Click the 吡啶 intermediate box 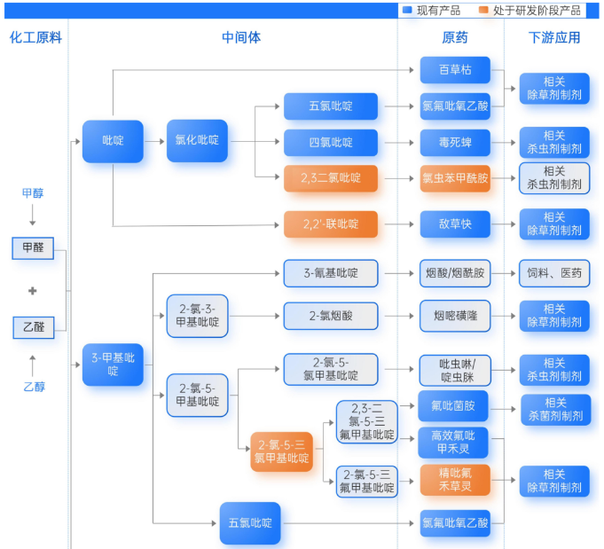tap(113, 141)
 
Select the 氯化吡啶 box tap(197, 141)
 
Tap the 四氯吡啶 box tap(331, 142)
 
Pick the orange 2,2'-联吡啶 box tap(331, 224)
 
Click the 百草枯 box tap(455, 70)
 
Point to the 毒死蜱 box tap(455, 142)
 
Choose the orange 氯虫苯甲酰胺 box tap(455, 178)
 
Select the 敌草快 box tap(455, 224)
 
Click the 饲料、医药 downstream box tap(554, 273)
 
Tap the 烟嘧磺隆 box tap(455, 316)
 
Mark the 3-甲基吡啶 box tap(113, 365)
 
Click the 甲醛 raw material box tap(33, 248)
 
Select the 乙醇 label tap(33, 387)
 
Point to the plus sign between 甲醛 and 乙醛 tap(33, 290)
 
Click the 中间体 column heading tap(241, 37)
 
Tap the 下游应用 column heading tap(554, 37)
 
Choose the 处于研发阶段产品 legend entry tap(530, 11)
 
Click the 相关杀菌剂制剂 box tap(554, 409)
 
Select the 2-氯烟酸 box tap(331, 316)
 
